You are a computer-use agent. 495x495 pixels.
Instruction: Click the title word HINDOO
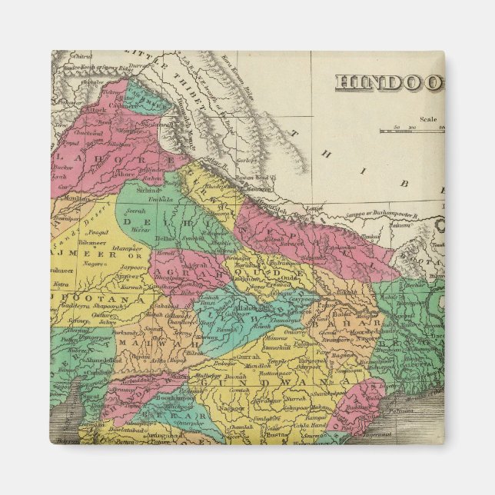tap(388, 83)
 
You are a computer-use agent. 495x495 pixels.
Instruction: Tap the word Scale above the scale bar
tap(428, 119)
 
